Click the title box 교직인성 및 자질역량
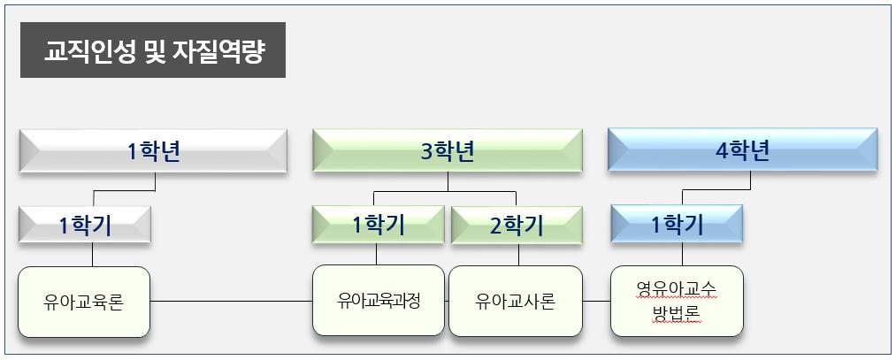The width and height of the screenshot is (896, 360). (153, 51)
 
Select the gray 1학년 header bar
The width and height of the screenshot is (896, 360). (153, 151)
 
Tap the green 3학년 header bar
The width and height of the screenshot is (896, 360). (447, 151)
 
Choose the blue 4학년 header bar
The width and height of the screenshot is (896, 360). (742, 151)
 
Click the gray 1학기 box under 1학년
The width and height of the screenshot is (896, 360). (85, 226)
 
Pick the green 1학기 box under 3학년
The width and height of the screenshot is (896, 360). (379, 226)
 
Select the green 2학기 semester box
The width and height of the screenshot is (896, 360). (517, 226)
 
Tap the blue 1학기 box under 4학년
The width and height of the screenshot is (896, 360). (677, 226)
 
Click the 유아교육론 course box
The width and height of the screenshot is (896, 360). (84, 302)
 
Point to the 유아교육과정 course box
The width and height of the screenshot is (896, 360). (379, 301)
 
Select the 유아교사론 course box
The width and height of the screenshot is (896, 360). (516, 302)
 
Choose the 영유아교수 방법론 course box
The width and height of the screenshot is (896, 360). (677, 301)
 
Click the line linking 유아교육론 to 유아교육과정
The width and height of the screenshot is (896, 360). (231, 302)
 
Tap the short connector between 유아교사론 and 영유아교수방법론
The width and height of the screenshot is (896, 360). (597, 302)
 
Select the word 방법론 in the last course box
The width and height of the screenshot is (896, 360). (677, 315)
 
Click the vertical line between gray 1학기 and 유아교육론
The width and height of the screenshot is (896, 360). (92, 255)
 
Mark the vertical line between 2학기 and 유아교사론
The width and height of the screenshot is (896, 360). (519, 255)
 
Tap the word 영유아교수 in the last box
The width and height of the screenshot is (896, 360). (677, 288)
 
